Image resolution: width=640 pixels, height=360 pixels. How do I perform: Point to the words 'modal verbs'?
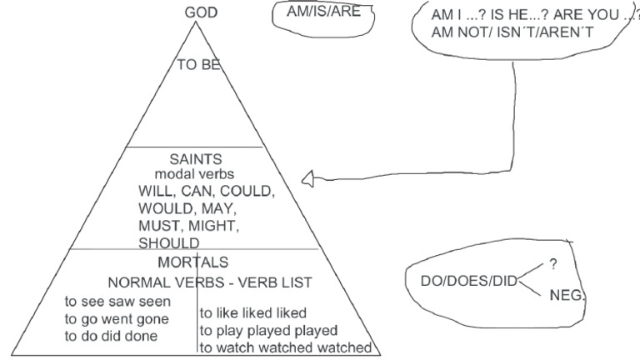(x=194, y=174)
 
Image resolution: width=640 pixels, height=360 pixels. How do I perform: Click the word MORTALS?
(x=193, y=262)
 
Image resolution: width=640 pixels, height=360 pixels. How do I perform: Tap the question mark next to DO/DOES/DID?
(x=553, y=264)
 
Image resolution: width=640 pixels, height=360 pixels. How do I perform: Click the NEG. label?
(x=567, y=295)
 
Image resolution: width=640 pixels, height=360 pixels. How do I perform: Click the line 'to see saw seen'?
(x=118, y=301)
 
